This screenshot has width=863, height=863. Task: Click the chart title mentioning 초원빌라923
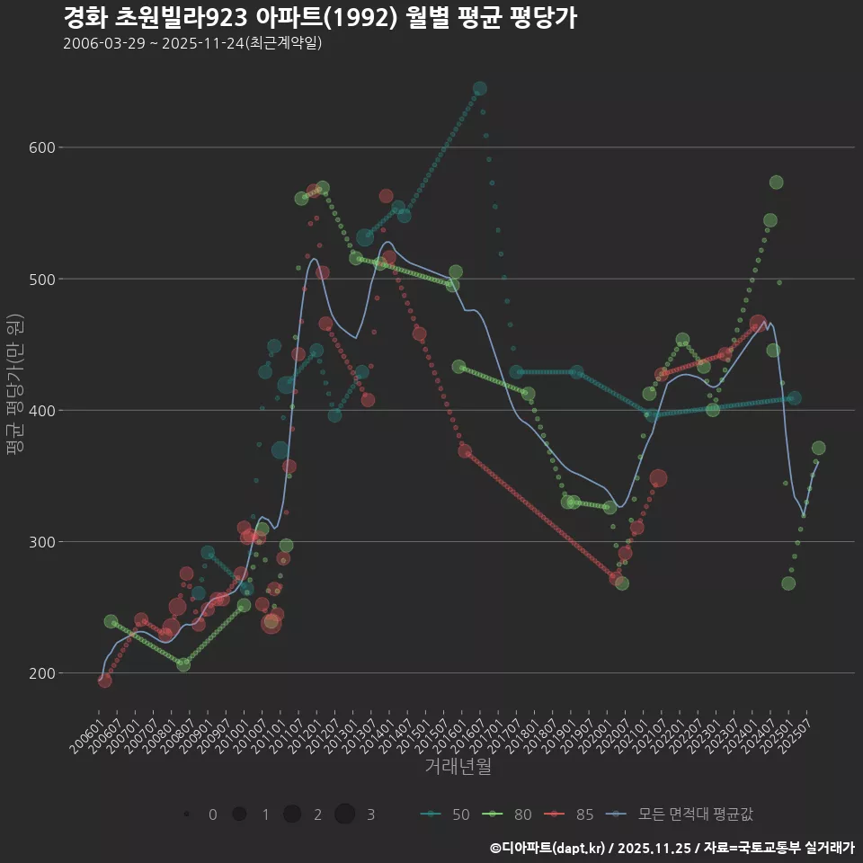pyautogui.click(x=319, y=17)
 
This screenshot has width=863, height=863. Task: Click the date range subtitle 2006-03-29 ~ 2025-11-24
pyautogui.click(x=192, y=44)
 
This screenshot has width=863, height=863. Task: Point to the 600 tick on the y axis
pyautogui.click(x=44, y=147)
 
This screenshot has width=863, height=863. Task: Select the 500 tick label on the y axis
pyautogui.click(x=44, y=279)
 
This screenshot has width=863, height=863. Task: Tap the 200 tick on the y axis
pyautogui.click(x=44, y=673)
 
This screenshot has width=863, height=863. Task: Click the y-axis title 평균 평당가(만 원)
pyautogui.click(x=14, y=387)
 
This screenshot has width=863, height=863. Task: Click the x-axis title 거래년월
pyautogui.click(x=458, y=767)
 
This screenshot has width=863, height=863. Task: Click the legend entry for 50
pyautogui.click(x=446, y=814)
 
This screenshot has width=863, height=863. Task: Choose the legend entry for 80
pyautogui.click(x=508, y=814)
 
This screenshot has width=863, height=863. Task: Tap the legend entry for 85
pyautogui.click(x=570, y=814)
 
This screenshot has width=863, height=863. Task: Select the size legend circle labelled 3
pyautogui.click(x=345, y=814)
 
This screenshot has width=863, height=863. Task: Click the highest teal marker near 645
pyautogui.click(x=479, y=88)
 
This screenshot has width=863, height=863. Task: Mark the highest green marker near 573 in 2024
pyautogui.click(x=776, y=182)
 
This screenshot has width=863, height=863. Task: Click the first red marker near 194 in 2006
pyautogui.click(x=105, y=681)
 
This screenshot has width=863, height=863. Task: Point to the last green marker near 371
pyautogui.click(x=818, y=448)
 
